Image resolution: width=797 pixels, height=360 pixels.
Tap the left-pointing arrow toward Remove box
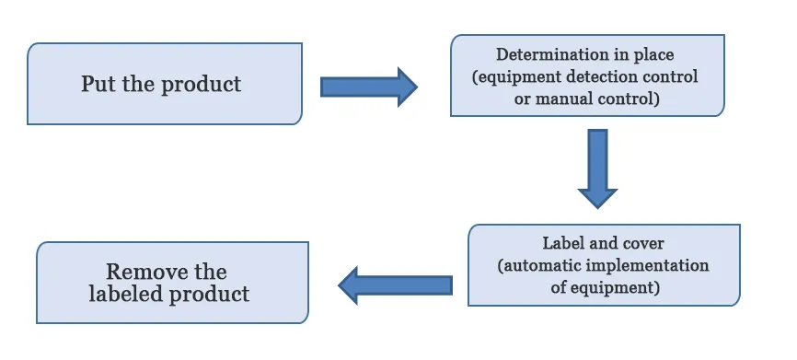(395, 285)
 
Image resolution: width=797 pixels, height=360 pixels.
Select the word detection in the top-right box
(606, 76)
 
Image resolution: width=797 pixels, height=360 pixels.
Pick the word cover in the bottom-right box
(645, 244)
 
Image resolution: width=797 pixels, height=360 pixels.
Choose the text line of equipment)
(604, 288)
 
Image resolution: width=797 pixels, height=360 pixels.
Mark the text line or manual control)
(586, 99)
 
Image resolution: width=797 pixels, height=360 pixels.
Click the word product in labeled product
(209, 295)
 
